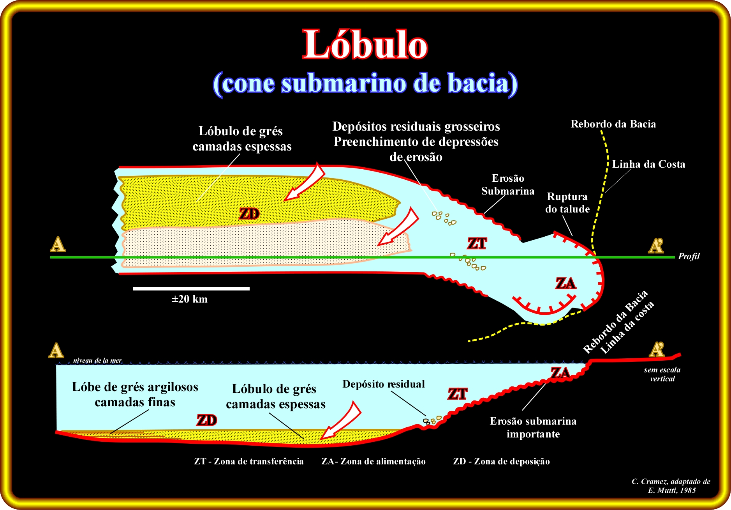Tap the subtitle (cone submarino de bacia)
pyautogui.click(x=365, y=83)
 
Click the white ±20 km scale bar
pyautogui.click(x=191, y=289)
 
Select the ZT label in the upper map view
pyautogui.click(x=477, y=243)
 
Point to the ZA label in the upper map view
pyautogui.click(x=565, y=283)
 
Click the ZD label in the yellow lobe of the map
pyautogui.click(x=249, y=214)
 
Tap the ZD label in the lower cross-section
pyautogui.click(x=207, y=420)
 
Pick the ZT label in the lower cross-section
pyautogui.click(x=458, y=394)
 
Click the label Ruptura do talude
pyautogui.click(x=567, y=203)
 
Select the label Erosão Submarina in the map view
pyautogui.click(x=508, y=184)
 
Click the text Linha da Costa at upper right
pyautogui.click(x=648, y=164)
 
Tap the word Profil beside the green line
pyautogui.click(x=689, y=256)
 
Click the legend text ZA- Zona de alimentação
pyautogui.click(x=373, y=462)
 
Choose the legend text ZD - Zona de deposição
pyautogui.click(x=502, y=462)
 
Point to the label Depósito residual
pyautogui.click(x=384, y=384)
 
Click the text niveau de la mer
pyautogui.click(x=97, y=360)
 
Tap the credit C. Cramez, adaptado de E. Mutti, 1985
pyautogui.click(x=671, y=486)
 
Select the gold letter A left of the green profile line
pyautogui.click(x=58, y=244)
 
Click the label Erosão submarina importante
pyautogui.click(x=533, y=427)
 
